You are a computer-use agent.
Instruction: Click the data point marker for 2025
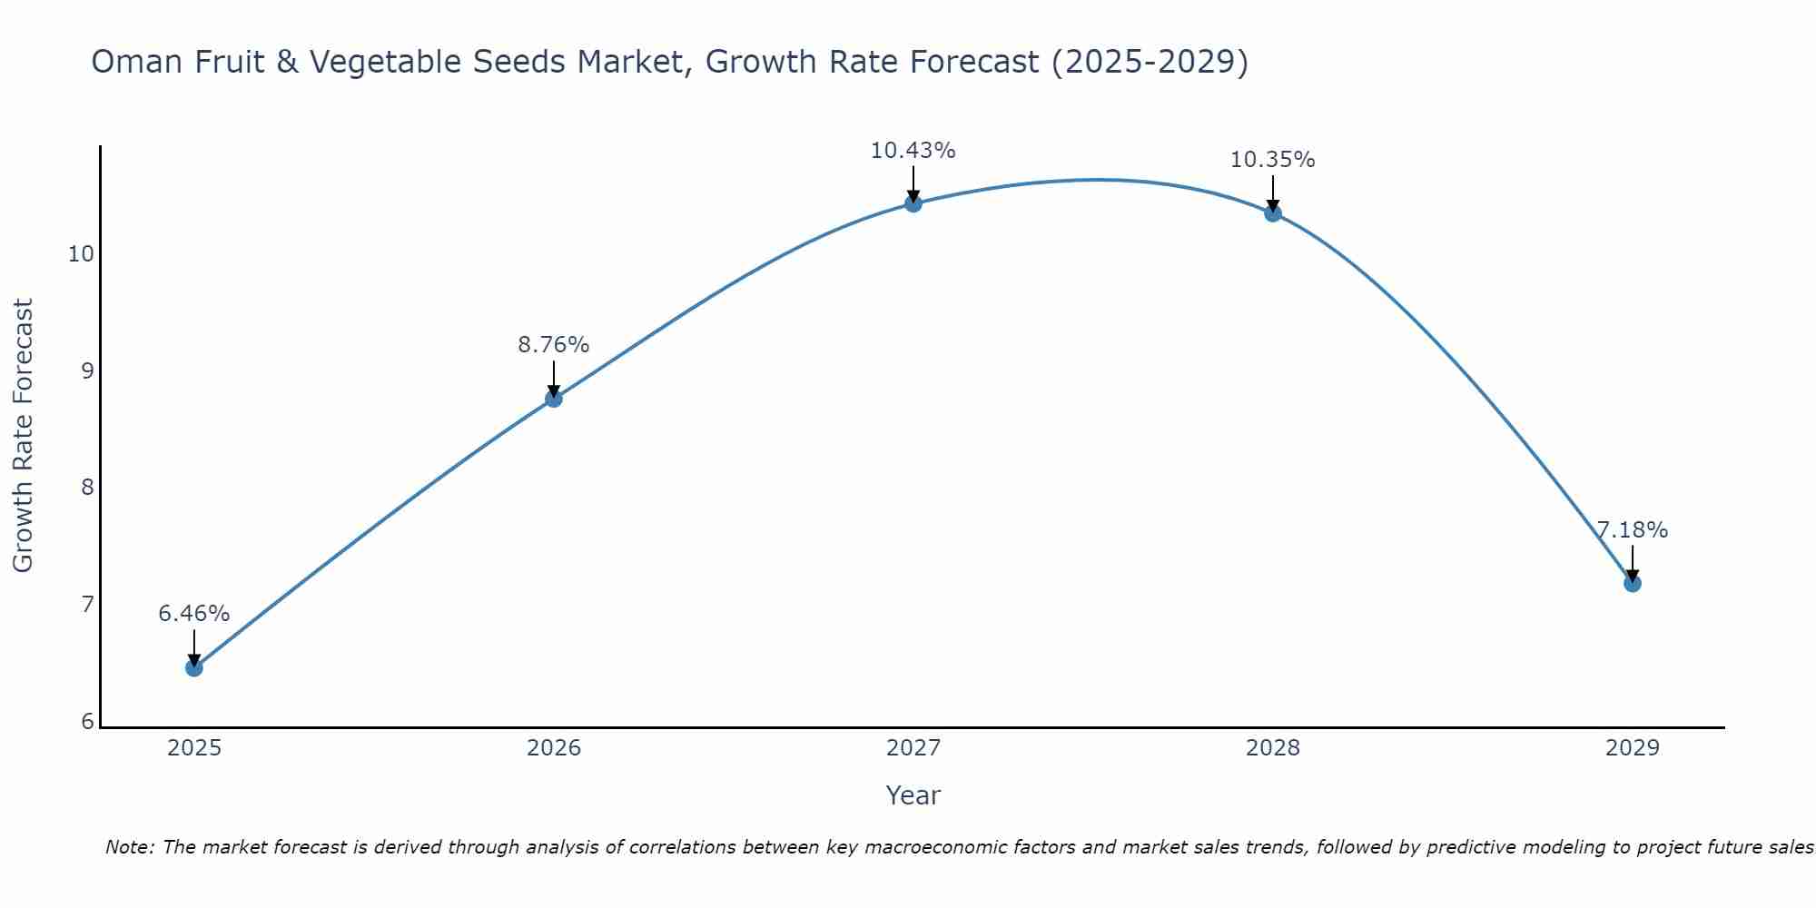(193, 667)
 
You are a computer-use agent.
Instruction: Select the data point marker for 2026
(553, 398)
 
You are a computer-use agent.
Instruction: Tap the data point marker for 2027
(913, 203)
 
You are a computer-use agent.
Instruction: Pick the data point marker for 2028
(1273, 213)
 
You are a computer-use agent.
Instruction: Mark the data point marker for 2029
(1632, 583)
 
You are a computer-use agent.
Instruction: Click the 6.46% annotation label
(193, 614)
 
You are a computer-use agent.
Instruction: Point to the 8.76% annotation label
(553, 345)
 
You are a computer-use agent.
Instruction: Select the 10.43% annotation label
(913, 151)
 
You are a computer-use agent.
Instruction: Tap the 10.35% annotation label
(1272, 160)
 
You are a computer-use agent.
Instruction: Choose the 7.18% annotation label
(1632, 530)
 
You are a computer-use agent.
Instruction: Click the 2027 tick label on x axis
(913, 748)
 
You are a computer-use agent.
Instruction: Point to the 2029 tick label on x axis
(1632, 748)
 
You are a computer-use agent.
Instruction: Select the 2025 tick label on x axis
(194, 748)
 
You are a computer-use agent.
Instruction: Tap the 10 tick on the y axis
(81, 254)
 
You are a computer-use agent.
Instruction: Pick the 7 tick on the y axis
(87, 605)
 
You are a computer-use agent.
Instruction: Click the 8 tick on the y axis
(87, 488)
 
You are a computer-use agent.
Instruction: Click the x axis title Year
(913, 795)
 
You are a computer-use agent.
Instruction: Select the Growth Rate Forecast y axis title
(23, 435)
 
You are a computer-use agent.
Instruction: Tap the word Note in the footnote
(126, 847)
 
